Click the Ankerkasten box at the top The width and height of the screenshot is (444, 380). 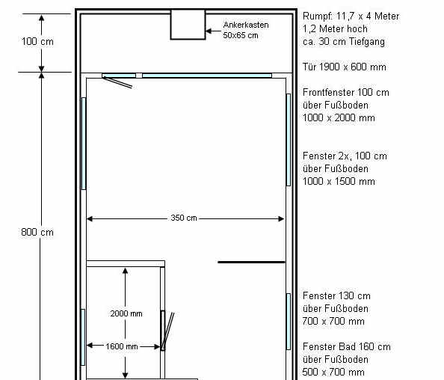188,25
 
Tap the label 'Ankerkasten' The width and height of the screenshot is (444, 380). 246,25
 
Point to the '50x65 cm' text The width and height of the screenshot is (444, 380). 241,35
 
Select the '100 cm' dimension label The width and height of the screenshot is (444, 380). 37,42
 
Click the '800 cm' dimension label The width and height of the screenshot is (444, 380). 37,233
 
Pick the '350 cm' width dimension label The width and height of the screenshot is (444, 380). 184,218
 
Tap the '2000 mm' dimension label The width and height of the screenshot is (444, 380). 126,313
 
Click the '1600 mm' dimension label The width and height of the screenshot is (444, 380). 122,346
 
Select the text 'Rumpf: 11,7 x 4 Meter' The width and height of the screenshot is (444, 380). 351,16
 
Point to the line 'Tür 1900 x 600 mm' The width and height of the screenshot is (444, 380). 345,67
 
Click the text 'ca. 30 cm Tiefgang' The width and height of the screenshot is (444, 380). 344,42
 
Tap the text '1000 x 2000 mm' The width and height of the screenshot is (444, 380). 339,117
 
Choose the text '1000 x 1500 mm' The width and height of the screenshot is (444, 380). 339,181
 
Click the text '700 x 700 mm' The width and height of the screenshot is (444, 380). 333,321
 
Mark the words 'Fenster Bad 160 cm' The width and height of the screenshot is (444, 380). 347,346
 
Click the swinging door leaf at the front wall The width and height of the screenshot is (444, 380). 117,82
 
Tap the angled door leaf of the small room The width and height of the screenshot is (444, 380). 168,331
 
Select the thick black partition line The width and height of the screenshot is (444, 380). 251,262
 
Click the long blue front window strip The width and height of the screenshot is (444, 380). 207,76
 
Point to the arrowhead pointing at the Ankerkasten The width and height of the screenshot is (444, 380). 209,31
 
